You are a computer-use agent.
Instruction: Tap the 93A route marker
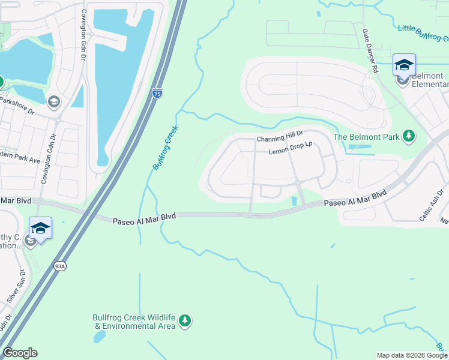click(59, 266)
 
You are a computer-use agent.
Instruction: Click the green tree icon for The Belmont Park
click(409, 136)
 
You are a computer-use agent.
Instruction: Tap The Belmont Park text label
click(366, 137)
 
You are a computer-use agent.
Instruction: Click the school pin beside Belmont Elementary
click(404, 65)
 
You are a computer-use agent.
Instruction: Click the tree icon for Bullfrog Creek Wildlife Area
click(185, 321)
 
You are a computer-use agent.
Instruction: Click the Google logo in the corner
click(20, 353)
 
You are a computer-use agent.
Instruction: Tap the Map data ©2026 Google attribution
click(411, 355)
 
